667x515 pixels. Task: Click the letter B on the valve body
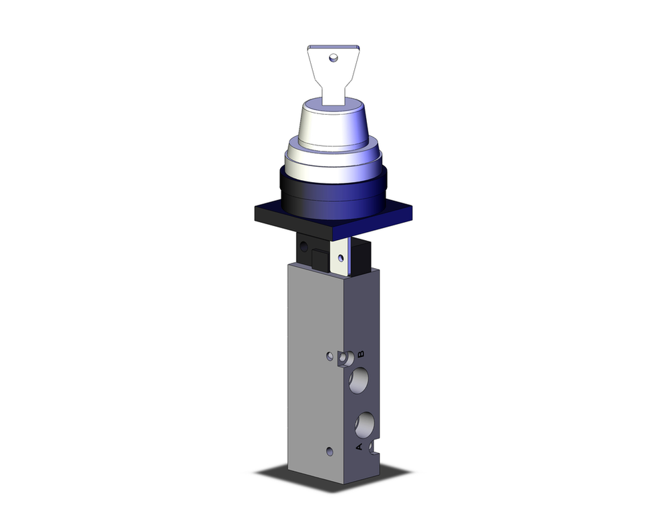tap(361, 354)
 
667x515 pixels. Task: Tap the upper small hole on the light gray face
tap(329, 356)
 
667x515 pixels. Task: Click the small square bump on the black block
tap(319, 257)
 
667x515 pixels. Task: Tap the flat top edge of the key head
tap(333, 47)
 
